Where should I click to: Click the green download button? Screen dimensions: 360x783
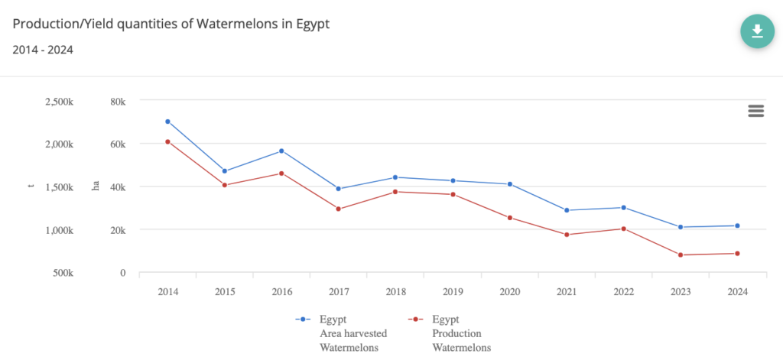pos(757,31)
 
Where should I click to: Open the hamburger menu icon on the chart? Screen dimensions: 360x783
pos(756,111)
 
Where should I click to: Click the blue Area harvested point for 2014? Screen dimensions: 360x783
pos(167,122)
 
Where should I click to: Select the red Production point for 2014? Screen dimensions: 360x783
pos(167,141)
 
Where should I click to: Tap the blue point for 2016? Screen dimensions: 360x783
pos(281,151)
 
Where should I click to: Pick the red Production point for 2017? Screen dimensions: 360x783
pos(338,209)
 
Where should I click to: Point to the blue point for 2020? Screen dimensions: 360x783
pos(509,184)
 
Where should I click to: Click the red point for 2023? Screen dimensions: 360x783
pos(681,255)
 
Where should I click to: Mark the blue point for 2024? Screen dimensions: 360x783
pos(737,225)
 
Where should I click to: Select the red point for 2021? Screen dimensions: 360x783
pos(567,235)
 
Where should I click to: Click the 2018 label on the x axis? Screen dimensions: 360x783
pos(395,292)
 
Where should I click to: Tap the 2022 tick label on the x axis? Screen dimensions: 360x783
pos(623,292)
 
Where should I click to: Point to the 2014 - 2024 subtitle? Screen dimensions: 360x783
pos(43,50)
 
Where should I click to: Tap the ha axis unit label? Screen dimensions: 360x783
pos(96,186)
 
